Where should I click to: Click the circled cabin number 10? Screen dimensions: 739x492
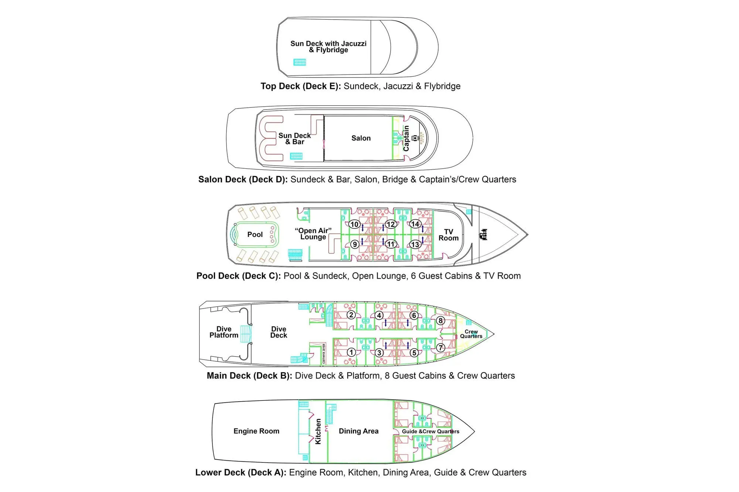click(x=354, y=224)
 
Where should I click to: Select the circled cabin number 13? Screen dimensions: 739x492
click(x=415, y=244)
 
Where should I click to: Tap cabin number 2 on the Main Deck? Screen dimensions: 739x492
click(x=351, y=315)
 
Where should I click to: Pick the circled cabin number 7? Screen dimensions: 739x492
click(x=440, y=348)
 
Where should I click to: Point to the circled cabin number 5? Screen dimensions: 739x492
click(x=414, y=352)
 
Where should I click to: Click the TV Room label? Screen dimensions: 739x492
click(x=449, y=235)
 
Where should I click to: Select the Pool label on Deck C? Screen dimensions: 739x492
click(x=255, y=234)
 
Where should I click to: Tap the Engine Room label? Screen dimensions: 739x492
click(x=256, y=431)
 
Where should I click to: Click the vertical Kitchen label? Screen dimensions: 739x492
click(x=318, y=431)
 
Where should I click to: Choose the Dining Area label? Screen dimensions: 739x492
click(x=359, y=431)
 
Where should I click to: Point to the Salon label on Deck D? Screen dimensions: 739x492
click(x=361, y=138)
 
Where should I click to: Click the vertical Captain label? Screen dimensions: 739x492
click(x=406, y=138)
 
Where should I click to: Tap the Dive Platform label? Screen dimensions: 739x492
click(x=224, y=332)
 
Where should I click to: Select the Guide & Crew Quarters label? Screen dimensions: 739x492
click(x=431, y=431)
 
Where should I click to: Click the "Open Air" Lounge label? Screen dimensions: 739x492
click(x=313, y=234)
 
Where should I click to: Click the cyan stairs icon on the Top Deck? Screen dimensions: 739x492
click(x=300, y=62)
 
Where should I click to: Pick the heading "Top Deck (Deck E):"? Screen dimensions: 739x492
click(x=301, y=86)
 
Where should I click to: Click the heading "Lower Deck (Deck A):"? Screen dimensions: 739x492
click(x=241, y=473)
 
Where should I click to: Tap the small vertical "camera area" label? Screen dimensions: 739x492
click(x=324, y=354)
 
